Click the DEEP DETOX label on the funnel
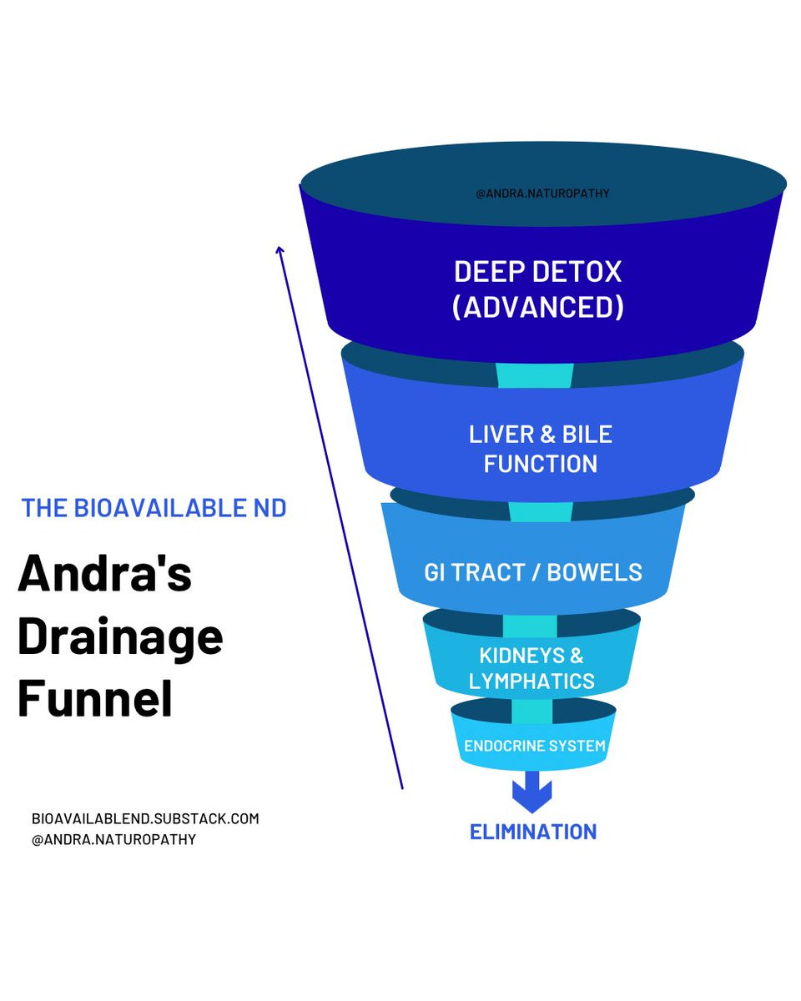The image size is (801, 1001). pyautogui.click(x=537, y=272)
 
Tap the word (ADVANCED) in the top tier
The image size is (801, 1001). pyautogui.click(x=537, y=307)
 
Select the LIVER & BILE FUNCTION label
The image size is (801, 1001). pyautogui.click(x=541, y=449)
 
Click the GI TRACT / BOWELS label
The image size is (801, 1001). pyautogui.click(x=533, y=572)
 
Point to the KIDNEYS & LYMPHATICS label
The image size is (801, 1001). pyautogui.click(x=531, y=668)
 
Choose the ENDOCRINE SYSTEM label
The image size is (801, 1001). pyautogui.click(x=534, y=746)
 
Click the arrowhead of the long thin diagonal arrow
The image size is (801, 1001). pyautogui.click(x=280, y=249)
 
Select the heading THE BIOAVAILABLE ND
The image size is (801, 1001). pyautogui.click(x=154, y=507)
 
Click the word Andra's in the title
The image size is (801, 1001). pyautogui.click(x=105, y=573)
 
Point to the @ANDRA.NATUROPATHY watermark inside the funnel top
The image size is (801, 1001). pyautogui.click(x=542, y=194)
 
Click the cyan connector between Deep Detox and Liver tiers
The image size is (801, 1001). pyautogui.click(x=535, y=375)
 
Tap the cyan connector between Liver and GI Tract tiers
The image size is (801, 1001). pyautogui.click(x=541, y=511)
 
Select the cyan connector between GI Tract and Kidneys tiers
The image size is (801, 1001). pyautogui.click(x=530, y=626)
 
